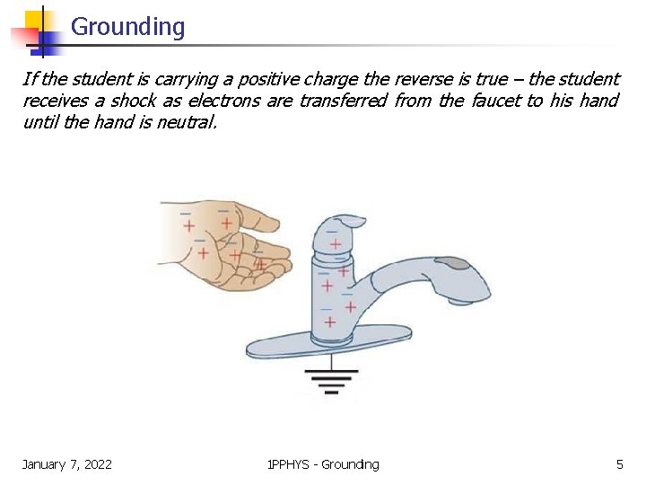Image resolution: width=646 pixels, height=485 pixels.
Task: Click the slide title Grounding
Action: click(127, 27)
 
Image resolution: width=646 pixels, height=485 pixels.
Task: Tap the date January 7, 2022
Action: click(67, 464)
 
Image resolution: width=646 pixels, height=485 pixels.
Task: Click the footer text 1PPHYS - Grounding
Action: click(323, 464)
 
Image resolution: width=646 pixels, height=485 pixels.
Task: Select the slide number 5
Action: click(619, 464)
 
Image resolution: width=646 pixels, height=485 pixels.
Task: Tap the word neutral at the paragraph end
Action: click(186, 122)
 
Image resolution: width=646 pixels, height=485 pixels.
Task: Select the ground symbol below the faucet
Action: click(332, 382)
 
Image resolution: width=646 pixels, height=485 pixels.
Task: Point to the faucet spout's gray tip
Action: click(457, 264)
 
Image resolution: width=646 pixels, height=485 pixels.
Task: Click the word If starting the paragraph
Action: click(30, 79)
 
